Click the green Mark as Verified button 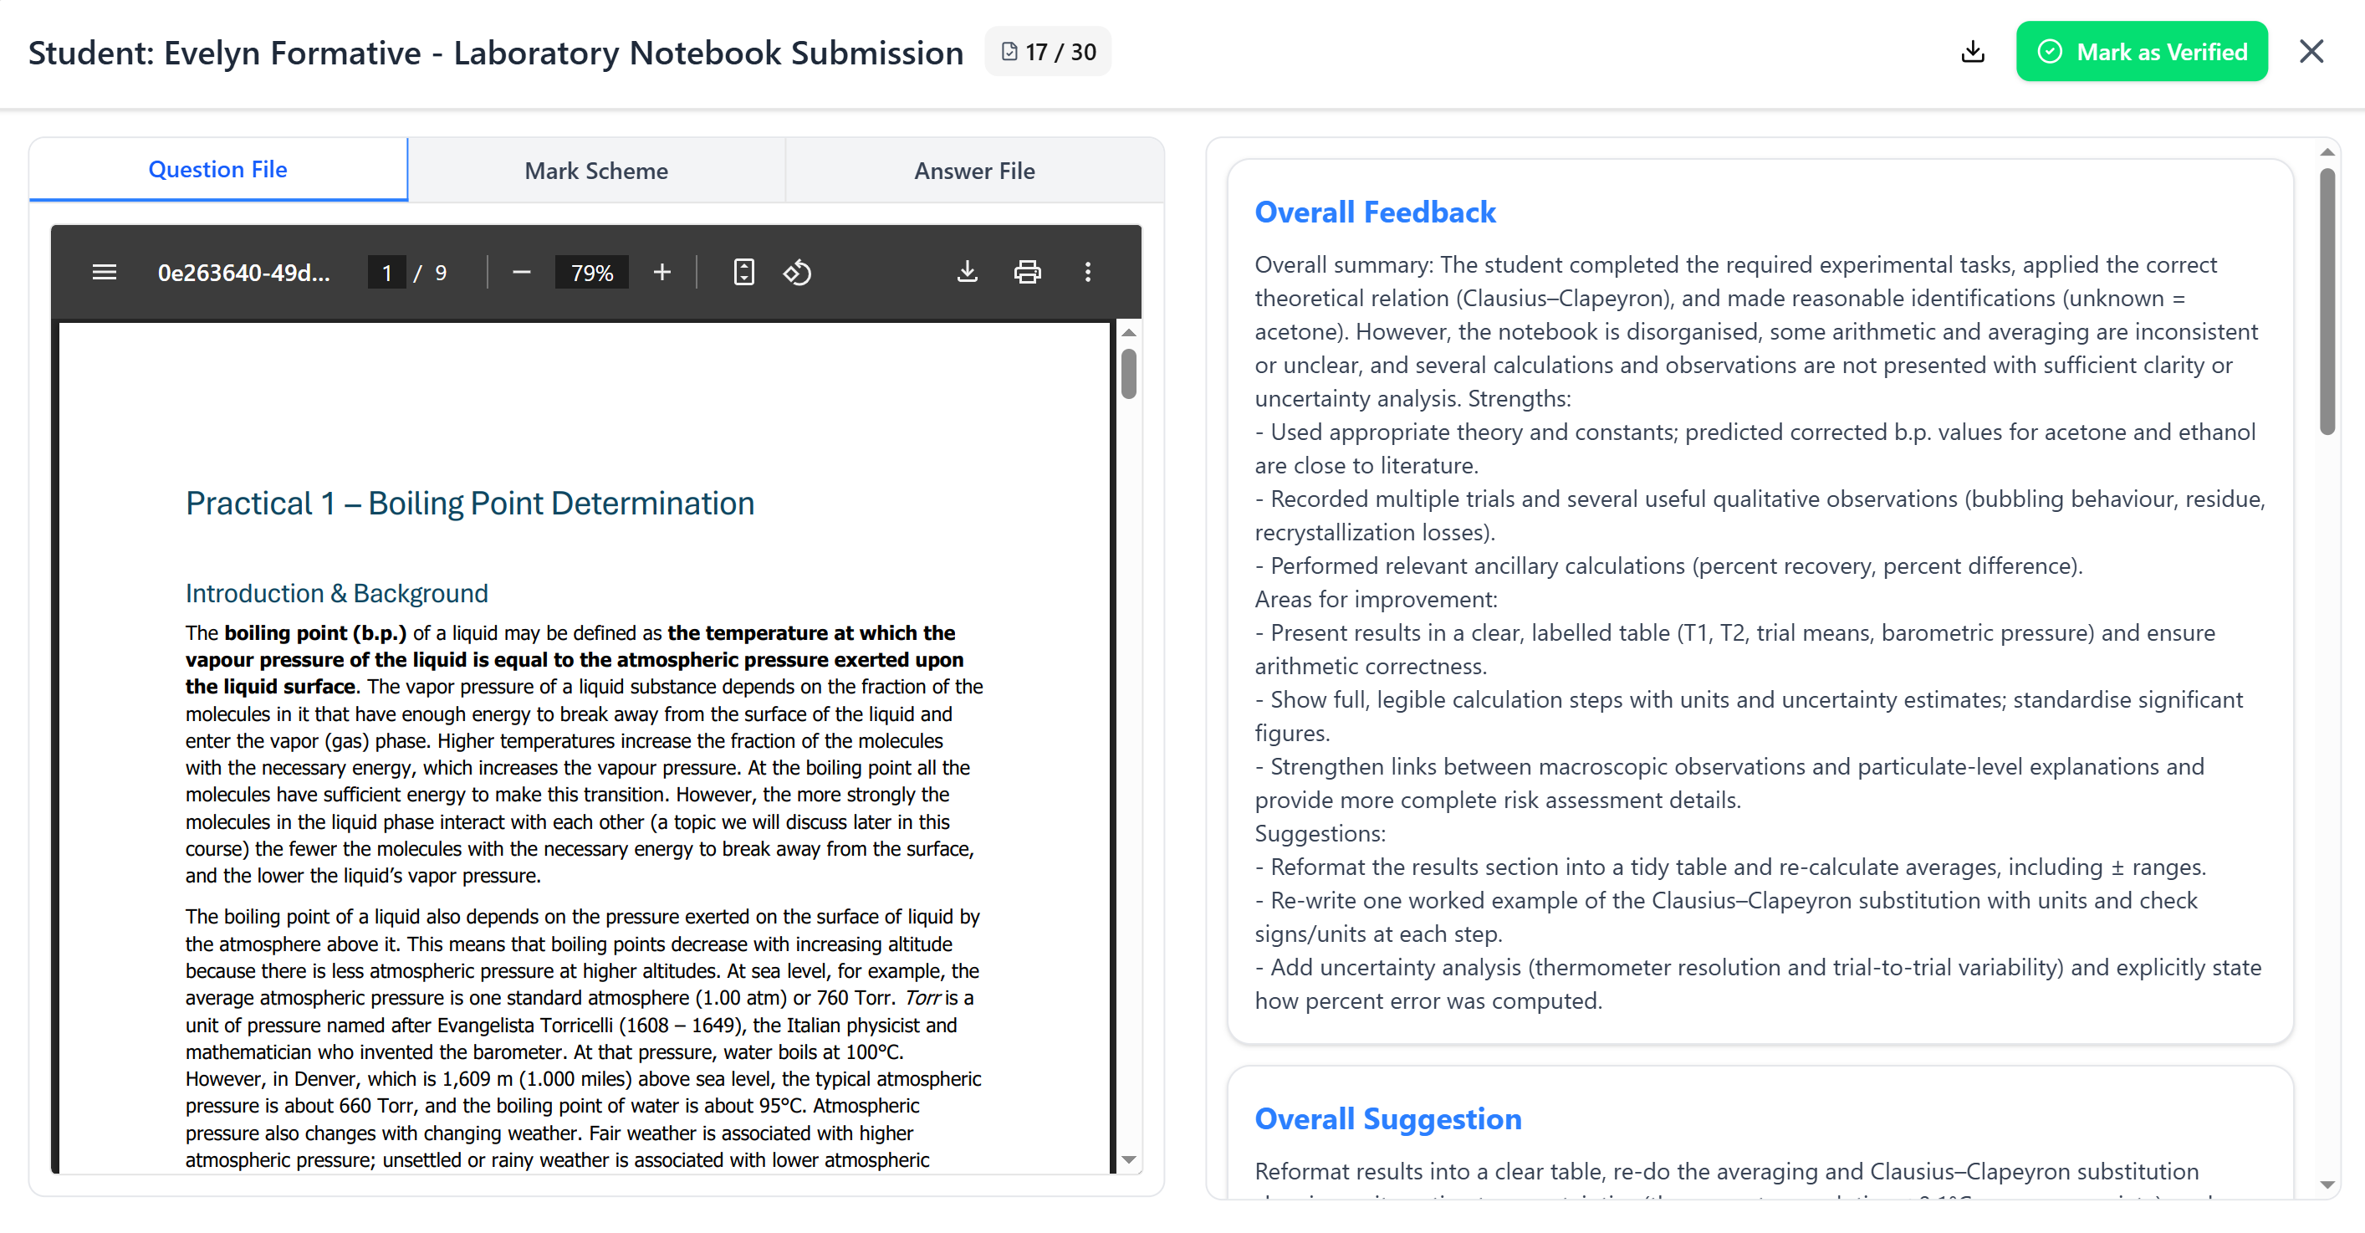click(2141, 53)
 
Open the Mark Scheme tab click(595, 171)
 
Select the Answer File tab click(974, 171)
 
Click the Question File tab click(217, 170)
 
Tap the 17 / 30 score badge click(1048, 53)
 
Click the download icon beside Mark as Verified click(1972, 53)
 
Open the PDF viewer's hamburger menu click(105, 273)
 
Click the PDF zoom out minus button click(522, 273)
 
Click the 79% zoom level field click(591, 273)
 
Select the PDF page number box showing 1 click(386, 273)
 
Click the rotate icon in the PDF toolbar click(797, 273)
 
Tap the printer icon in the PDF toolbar click(1027, 273)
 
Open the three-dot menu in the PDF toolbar click(1088, 273)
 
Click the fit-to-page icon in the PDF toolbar click(743, 273)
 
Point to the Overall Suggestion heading click(1388, 1118)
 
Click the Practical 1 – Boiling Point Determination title click(470, 503)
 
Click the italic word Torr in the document click(922, 998)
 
